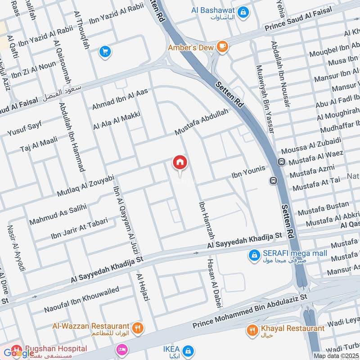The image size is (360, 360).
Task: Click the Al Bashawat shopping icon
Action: pos(243,12)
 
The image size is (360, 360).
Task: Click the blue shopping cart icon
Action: pos(105,52)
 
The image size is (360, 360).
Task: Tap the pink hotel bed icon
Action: pos(121,350)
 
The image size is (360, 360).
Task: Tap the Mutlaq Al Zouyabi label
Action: pos(85,185)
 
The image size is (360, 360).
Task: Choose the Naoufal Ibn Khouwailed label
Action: pos(81,300)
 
